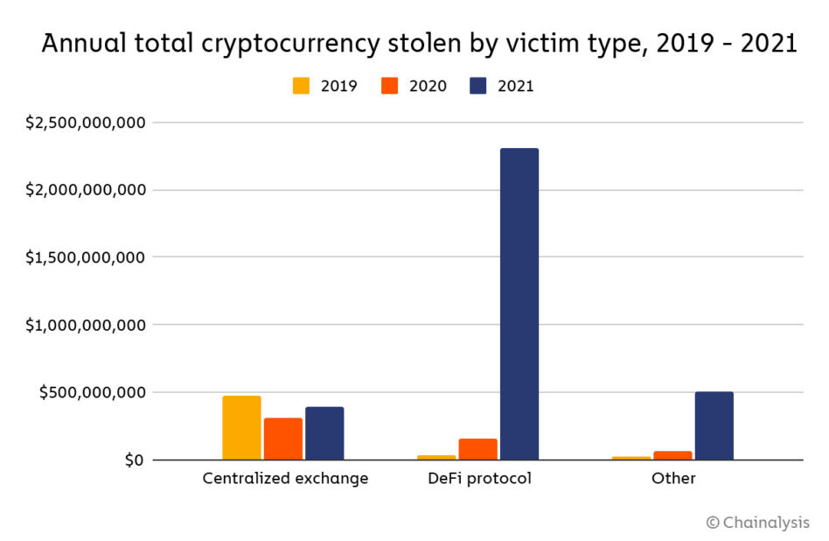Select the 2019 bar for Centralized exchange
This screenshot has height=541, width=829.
241,428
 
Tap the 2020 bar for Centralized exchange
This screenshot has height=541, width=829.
283,439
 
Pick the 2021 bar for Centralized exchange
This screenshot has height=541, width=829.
324,433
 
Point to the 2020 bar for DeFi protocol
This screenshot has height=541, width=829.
477,449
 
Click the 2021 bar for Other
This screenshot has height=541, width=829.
714,425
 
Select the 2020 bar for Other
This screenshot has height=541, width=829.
672,455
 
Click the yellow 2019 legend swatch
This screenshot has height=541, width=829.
302,86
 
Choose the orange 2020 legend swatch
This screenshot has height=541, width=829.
390,86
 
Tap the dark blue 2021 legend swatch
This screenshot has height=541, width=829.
478,86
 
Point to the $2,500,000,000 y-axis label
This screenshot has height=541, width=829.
85,123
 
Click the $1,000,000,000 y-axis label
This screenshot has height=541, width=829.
85,325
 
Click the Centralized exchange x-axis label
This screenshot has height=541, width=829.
285,479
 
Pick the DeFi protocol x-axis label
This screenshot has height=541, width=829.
480,479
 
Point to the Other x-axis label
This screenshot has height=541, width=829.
673,479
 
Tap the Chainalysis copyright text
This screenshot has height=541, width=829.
757,522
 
